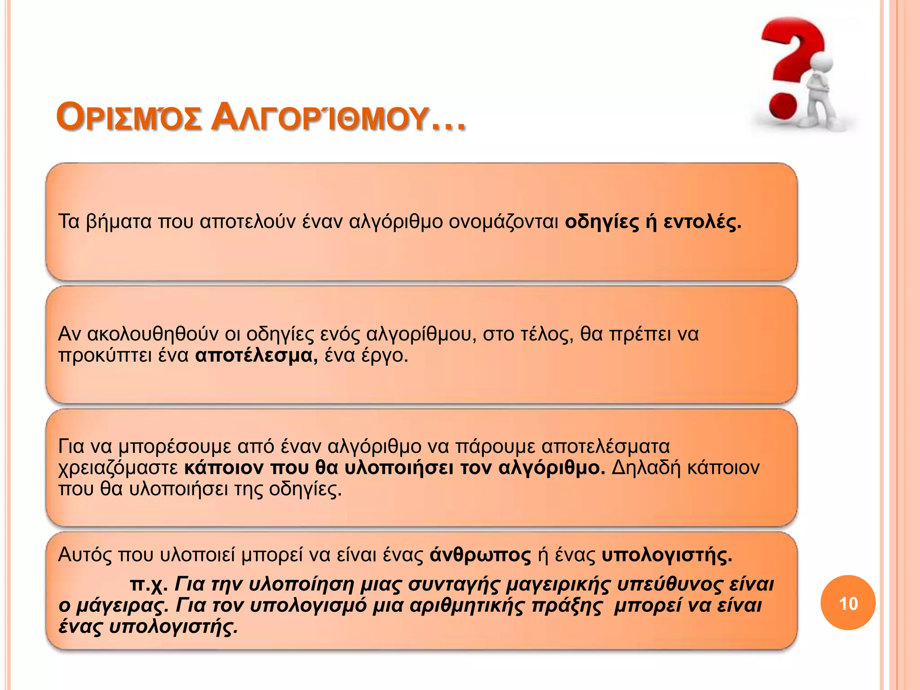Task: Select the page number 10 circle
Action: pos(848,603)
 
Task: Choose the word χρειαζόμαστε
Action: pos(119,468)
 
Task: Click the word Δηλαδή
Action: pos(646,468)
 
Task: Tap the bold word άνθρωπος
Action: pos(480,555)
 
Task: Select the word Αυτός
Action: pos(85,555)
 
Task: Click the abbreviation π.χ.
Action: pos(149,584)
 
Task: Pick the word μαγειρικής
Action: pos(558,584)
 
